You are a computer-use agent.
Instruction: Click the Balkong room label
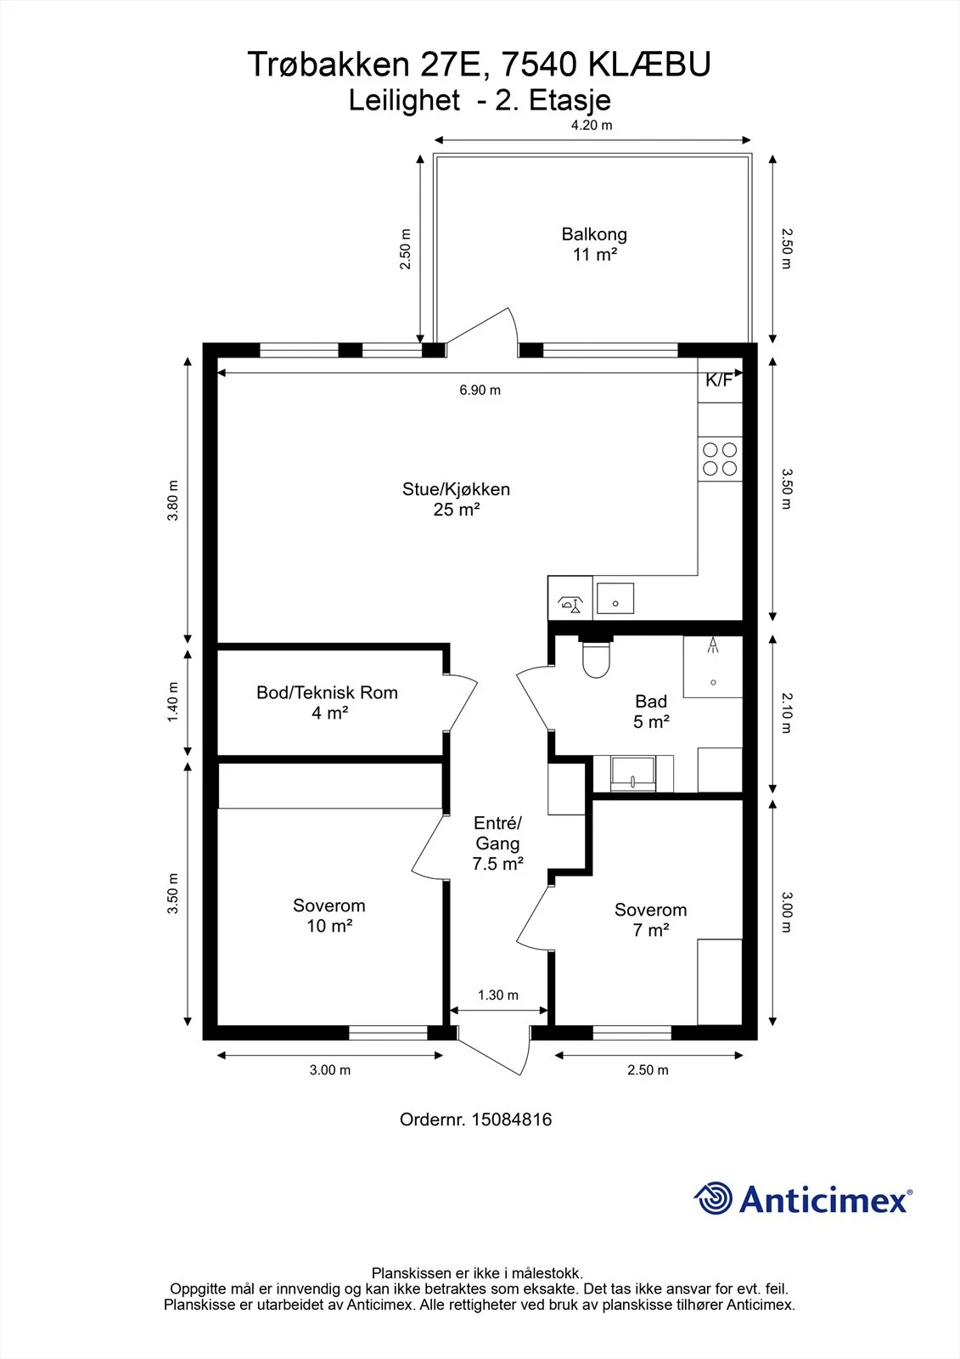tap(593, 244)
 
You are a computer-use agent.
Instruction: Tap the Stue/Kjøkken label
tap(456, 499)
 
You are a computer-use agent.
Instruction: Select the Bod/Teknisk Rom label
tap(328, 702)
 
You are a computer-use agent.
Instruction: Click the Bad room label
tap(651, 711)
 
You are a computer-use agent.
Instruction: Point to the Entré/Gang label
tap(498, 843)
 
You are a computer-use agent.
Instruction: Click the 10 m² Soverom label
tap(329, 916)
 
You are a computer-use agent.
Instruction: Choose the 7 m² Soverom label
tap(651, 920)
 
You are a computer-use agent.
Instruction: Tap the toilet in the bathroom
tap(596, 657)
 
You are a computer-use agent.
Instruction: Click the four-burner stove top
tap(720, 460)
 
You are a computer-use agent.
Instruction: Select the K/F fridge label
tap(719, 381)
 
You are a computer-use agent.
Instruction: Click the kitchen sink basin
tap(615, 598)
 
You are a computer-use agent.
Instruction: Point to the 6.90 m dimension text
tap(480, 390)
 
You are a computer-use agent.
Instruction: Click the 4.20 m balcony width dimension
tap(592, 125)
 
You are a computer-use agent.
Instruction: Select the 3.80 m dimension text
tap(173, 500)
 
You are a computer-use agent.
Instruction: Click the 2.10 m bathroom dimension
tap(787, 713)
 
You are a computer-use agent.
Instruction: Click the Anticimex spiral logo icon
tap(713, 1198)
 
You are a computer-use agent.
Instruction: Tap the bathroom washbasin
tap(633, 773)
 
